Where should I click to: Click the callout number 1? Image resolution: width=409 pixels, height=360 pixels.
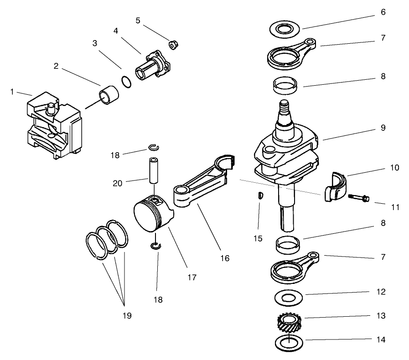pyautogui.click(x=12, y=92)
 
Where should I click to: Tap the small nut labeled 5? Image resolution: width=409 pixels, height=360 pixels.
pyautogui.click(x=173, y=44)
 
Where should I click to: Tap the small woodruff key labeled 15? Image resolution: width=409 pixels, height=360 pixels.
pyautogui.click(x=259, y=195)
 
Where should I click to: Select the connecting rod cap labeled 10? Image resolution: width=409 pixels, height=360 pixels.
pyautogui.click(x=334, y=186)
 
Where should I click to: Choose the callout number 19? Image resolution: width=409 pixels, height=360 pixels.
pyautogui.click(x=124, y=315)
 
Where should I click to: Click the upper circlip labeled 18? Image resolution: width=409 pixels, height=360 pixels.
pyautogui.click(x=154, y=147)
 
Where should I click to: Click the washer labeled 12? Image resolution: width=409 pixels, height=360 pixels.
pyautogui.click(x=288, y=298)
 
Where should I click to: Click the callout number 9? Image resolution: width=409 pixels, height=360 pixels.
pyautogui.click(x=383, y=128)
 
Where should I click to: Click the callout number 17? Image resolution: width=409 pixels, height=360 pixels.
pyautogui.click(x=192, y=277)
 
